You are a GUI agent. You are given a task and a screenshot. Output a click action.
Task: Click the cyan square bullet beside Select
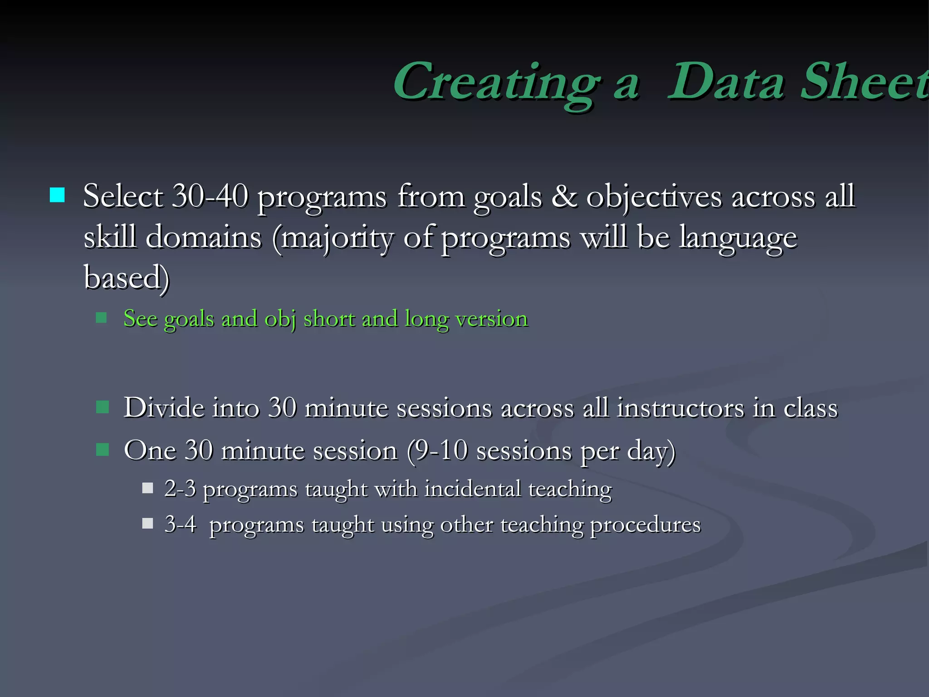point(57,196)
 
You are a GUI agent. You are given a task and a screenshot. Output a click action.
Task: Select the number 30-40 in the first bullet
point(210,196)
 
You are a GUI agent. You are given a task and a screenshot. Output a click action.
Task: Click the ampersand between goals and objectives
point(564,196)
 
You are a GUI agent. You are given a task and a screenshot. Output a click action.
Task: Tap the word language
point(738,238)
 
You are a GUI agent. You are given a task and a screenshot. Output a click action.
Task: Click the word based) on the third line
point(127,277)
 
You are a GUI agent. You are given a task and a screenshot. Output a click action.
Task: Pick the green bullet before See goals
point(101,318)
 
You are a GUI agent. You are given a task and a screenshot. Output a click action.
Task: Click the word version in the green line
point(492,319)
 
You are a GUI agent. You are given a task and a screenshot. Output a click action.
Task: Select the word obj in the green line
point(280,319)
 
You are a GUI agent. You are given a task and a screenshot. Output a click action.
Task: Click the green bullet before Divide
point(103,407)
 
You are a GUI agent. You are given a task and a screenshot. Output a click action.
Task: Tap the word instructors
point(680,407)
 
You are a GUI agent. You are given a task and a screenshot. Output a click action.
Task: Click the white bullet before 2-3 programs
point(147,488)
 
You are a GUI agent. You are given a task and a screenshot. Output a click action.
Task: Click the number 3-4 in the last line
point(180,524)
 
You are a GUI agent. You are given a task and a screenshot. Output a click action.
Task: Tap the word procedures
point(645,525)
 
